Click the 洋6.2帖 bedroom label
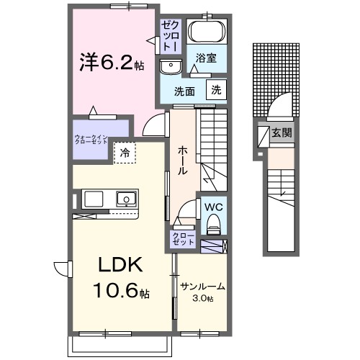(111, 63)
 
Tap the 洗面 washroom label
(186, 91)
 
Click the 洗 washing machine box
(215, 90)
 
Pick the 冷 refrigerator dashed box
(125, 153)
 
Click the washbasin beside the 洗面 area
(171, 66)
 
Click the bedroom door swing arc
(153, 125)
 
